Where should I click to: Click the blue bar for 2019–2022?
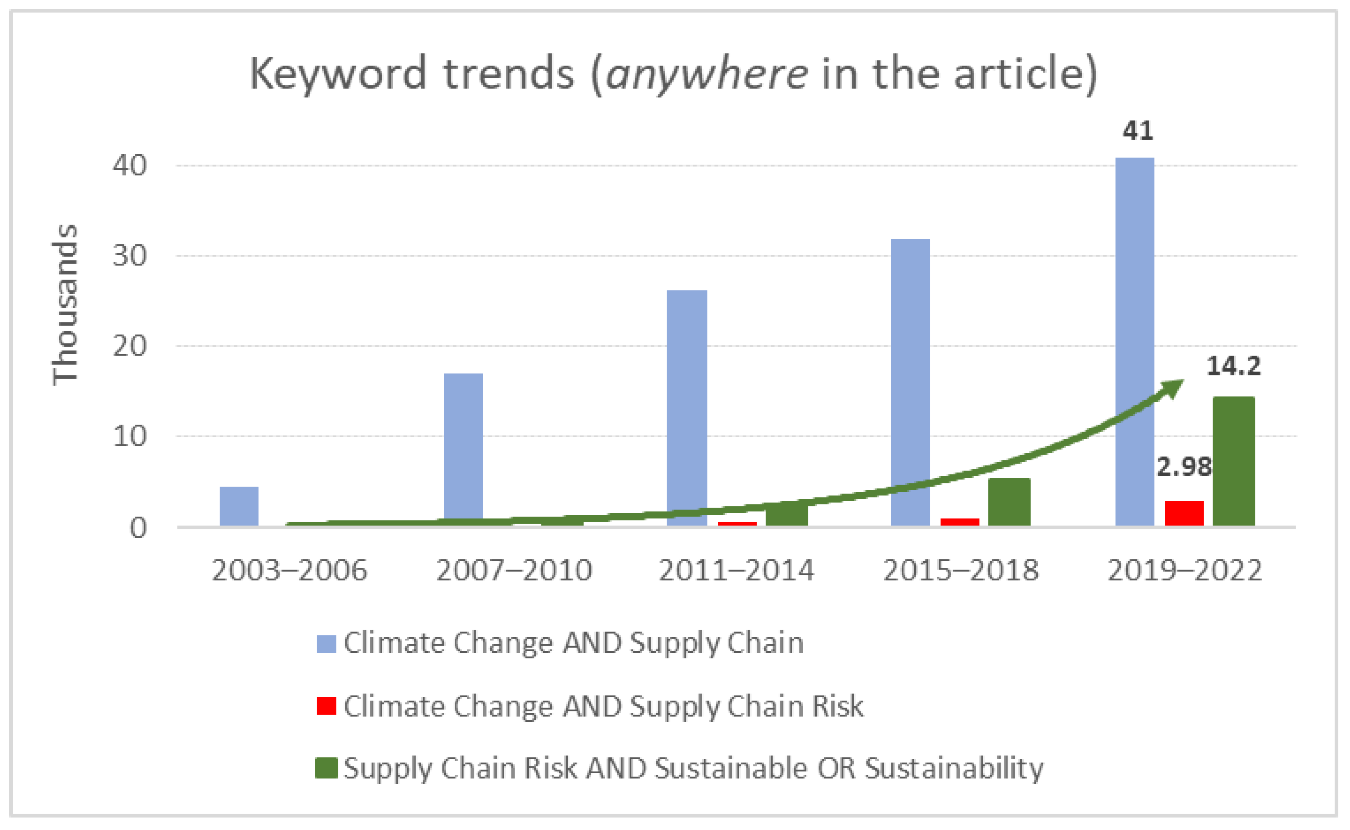coord(1134,341)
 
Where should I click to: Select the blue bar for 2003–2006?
coord(239,506)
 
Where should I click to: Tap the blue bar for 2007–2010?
coord(463,447)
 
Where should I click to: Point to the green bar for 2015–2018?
coord(1009,501)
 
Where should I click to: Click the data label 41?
coord(1138,131)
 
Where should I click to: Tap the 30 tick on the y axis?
coord(130,256)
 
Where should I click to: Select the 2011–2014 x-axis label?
coord(736,570)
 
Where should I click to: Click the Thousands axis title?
coord(65,305)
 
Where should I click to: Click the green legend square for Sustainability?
coord(326,768)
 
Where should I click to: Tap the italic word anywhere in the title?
coord(706,74)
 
